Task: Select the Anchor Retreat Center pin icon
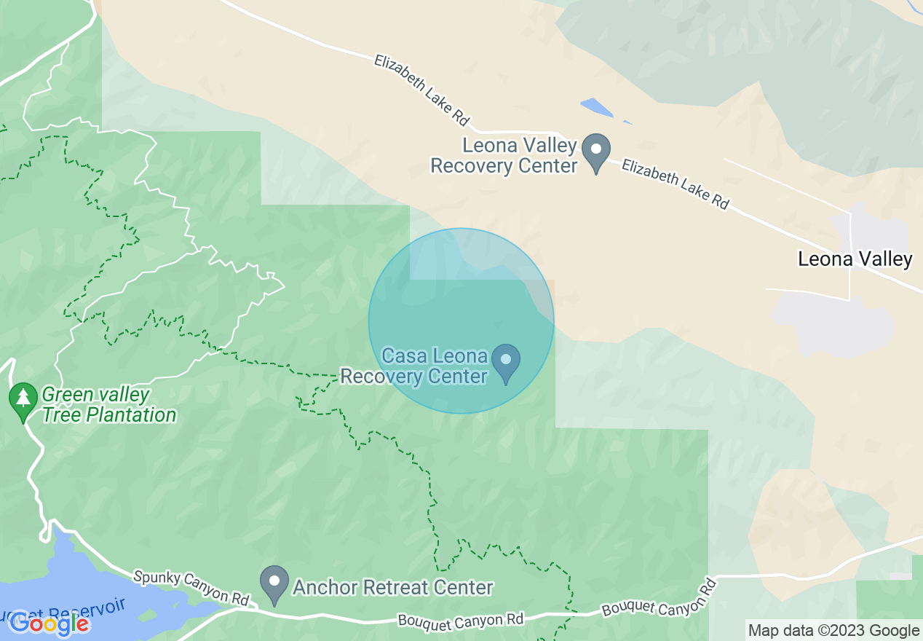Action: pos(275,584)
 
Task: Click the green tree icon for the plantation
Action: pos(23,401)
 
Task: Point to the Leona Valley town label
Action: pos(855,259)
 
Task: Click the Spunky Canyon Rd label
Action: pos(191,587)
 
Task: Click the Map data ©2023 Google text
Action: pos(833,630)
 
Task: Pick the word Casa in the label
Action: pos(404,356)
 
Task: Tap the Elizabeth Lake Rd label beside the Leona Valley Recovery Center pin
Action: pos(674,184)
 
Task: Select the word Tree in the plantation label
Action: pos(62,415)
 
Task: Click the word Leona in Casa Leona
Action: pos(460,356)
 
